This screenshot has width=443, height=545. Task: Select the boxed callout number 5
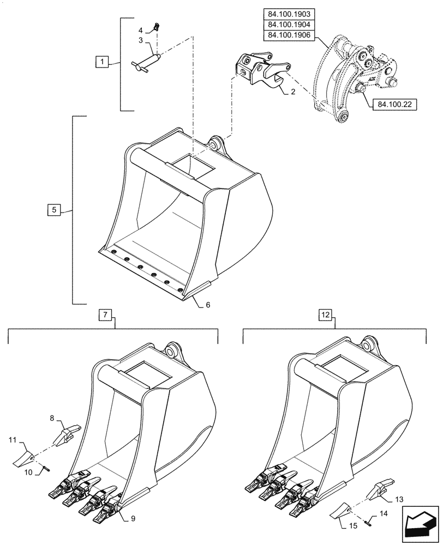(x=52, y=209)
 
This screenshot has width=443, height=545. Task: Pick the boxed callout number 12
(x=325, y=314)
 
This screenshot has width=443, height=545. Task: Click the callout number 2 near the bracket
(x=293, y=92)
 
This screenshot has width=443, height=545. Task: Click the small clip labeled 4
(x=157, y=26)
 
